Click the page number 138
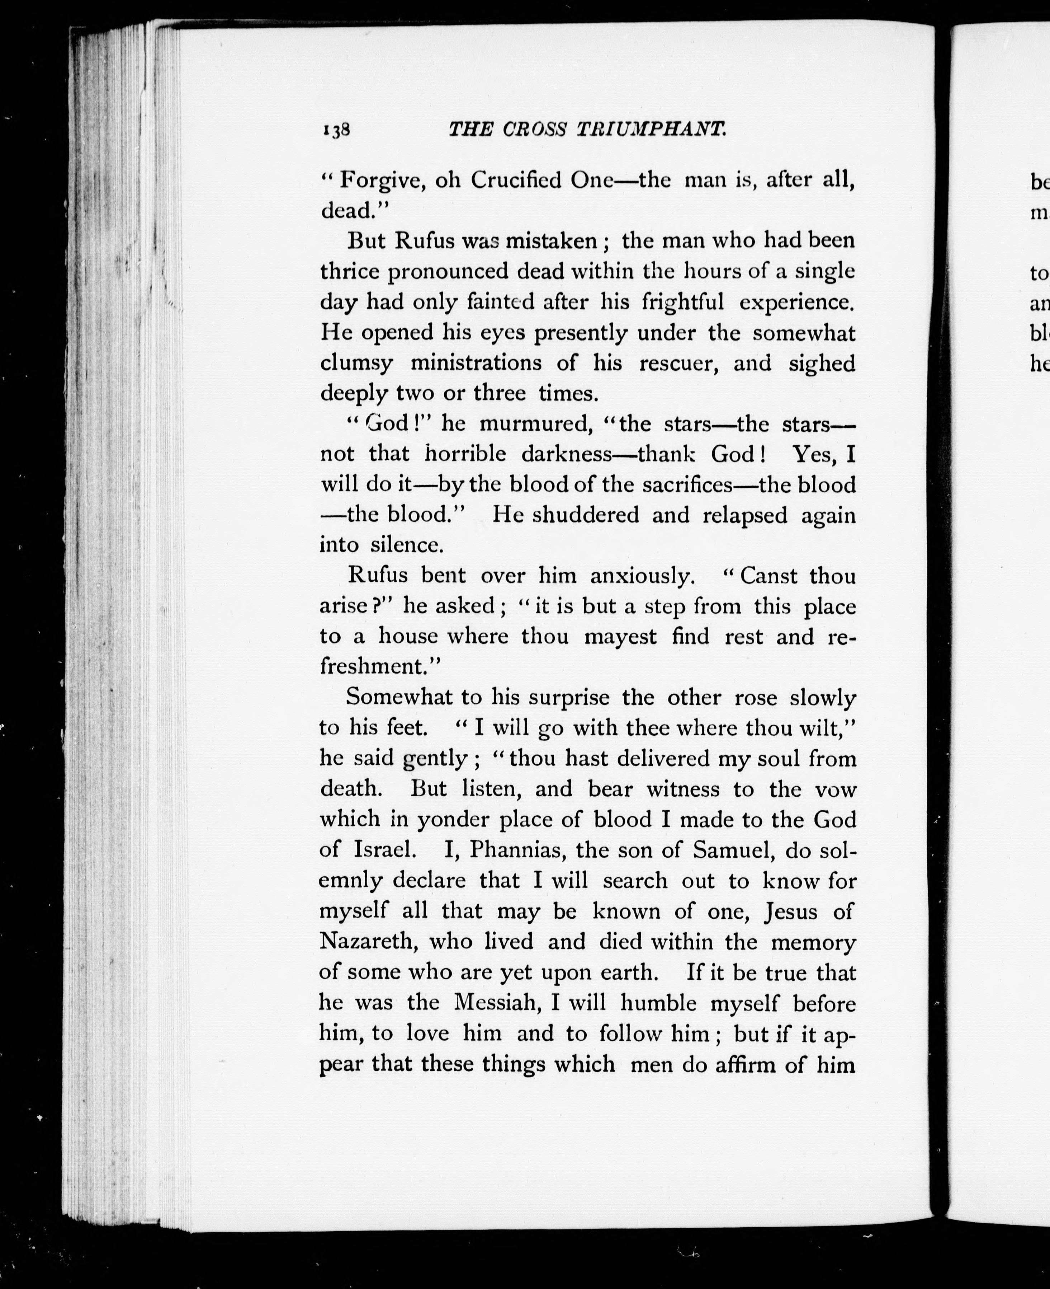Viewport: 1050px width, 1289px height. pyautogui.click(x=337, y=130)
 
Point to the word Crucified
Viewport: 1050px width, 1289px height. pyautogui.click(x=516, y=181)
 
